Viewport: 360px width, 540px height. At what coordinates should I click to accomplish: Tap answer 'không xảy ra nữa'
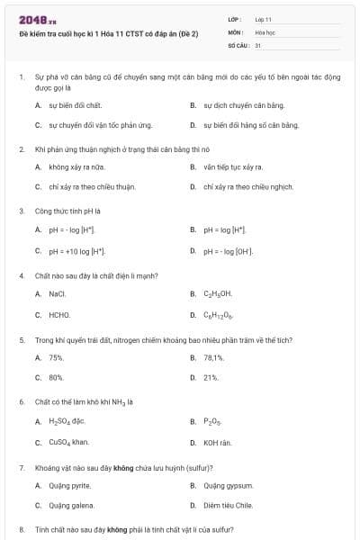pyautogui.click(x=75, y=166)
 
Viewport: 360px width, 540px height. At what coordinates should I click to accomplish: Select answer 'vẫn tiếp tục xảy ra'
pyautogui.click(x=232, y=166)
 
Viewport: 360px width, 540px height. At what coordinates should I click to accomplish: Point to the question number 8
pyautogui.click(x=22, y=530)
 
